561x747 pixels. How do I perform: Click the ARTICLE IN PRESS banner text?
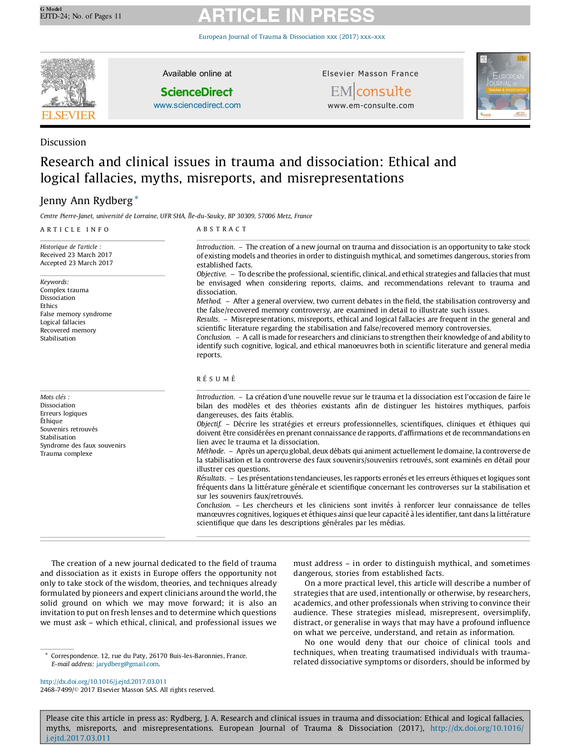tap(286, 16)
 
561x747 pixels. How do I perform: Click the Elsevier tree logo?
tap(68, 84)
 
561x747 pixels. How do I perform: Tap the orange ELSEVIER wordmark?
tap(68, 116)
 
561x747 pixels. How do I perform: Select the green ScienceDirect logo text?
tap(197, 92)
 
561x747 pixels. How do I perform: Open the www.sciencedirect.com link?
tap(197, 105)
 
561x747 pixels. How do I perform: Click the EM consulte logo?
tap(370, 92)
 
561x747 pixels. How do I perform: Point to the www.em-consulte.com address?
tap(371, 106)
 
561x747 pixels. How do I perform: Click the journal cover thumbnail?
tap(503, 86)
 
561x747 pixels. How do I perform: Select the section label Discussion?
tap(63, 142)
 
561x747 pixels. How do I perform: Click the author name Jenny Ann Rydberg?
tap(86, 201)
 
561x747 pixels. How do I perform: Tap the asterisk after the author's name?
tap(137, 198)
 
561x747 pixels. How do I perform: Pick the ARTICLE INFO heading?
tap(75, 229)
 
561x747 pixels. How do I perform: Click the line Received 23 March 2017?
tap(76, 255)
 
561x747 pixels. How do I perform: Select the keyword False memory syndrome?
tap(75, 314)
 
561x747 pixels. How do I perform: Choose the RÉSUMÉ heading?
tap(216, 379)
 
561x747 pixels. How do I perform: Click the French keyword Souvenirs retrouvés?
tap(69, 429)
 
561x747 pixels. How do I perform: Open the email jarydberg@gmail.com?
tap(127, 664)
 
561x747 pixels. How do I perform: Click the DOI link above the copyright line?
tap(103, 682)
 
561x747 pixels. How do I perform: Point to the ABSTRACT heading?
tap(222, 229)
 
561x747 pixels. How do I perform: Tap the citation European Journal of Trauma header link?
tap(292, 37)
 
